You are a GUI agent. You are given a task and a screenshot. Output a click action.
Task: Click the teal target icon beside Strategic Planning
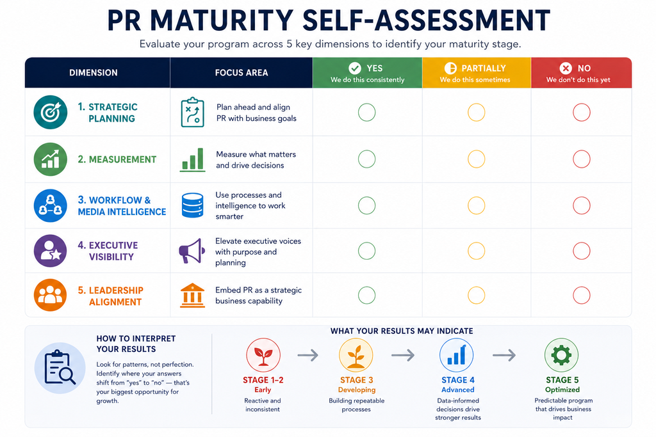[50, 113]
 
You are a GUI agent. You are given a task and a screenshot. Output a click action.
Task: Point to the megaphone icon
[192, 251]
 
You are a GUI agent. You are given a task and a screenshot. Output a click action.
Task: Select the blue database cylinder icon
[192, 205]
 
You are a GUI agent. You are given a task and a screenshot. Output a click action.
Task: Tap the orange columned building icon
[192, 296]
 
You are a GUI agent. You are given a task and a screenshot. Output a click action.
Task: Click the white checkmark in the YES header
[355, 68]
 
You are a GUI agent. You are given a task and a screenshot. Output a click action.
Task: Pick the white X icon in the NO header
[566, 68]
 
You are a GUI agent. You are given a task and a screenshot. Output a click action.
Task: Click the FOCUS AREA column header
[242, 73]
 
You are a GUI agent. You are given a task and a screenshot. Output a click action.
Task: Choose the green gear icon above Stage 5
[561, 355]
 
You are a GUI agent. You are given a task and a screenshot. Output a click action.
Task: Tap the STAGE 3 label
[356, 380]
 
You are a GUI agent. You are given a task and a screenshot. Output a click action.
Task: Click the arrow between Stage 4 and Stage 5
[504, 356]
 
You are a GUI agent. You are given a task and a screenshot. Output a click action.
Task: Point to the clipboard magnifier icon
[60, 368]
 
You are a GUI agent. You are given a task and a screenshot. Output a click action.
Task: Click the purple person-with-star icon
[50, 251]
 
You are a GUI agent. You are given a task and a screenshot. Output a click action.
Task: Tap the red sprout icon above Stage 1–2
[263, 355]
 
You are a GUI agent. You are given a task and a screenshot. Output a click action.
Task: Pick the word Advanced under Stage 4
[457, 390]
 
